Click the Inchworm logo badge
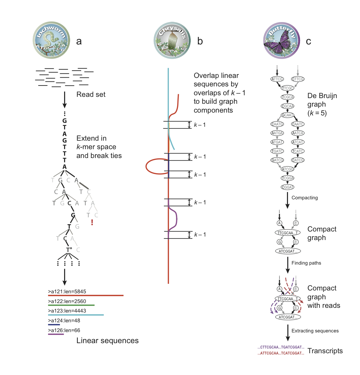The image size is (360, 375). (x=51, y=40)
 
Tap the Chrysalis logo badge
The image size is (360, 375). (x=172, y=40)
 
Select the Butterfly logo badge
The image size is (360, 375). (x=281, y=41)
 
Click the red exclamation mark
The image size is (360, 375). (x=92, y=223)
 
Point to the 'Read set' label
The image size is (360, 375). (x=91, y=95)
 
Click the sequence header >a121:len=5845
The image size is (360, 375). (x=67, y=292)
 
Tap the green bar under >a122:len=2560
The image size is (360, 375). (x=71, y=305)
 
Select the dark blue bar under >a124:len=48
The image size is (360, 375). (x=54, y=325)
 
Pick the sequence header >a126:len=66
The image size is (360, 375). (x=64, y=331)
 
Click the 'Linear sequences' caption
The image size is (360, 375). (x=107, y=341)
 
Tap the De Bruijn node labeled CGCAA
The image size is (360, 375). (x=287, y=106)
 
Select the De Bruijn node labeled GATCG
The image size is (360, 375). (x=277, y=160)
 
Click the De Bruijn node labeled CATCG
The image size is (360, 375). (x=298, y=160)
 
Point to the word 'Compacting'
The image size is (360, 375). (x=304, y=198)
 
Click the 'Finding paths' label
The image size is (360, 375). (x=306, y=263)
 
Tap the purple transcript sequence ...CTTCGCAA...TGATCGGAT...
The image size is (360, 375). (x=281, y=347)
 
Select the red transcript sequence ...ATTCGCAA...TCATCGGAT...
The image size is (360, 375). (x=281, y=353)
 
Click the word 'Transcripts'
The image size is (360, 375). (x=325, y=351)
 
